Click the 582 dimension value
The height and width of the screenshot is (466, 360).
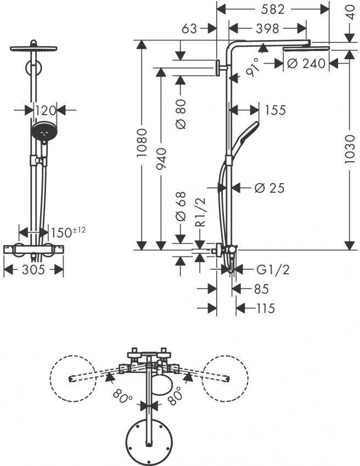273,9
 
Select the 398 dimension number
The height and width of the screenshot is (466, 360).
267,29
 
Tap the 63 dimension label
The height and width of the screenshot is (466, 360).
189,29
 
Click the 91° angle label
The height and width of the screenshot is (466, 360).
253,67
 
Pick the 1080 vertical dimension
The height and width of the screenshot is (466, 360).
142,143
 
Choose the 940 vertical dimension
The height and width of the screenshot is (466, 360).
161,158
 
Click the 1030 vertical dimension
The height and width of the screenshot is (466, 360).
350,149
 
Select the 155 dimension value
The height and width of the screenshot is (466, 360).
275,110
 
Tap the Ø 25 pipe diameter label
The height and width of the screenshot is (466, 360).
269,188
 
